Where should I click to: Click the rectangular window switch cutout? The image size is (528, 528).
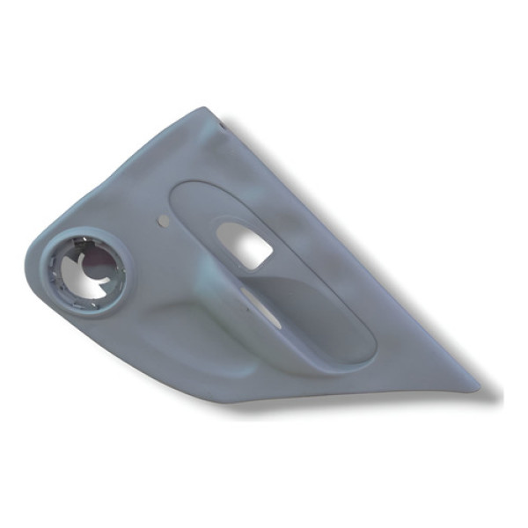(243, 244)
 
